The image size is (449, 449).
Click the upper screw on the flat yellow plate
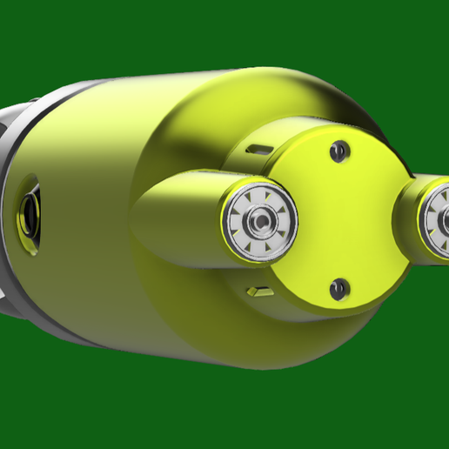click(340, 151)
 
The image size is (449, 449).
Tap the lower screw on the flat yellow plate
click(339, 288)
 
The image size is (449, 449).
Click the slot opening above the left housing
click(258, 150)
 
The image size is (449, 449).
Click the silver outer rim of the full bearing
click(228, 223)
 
